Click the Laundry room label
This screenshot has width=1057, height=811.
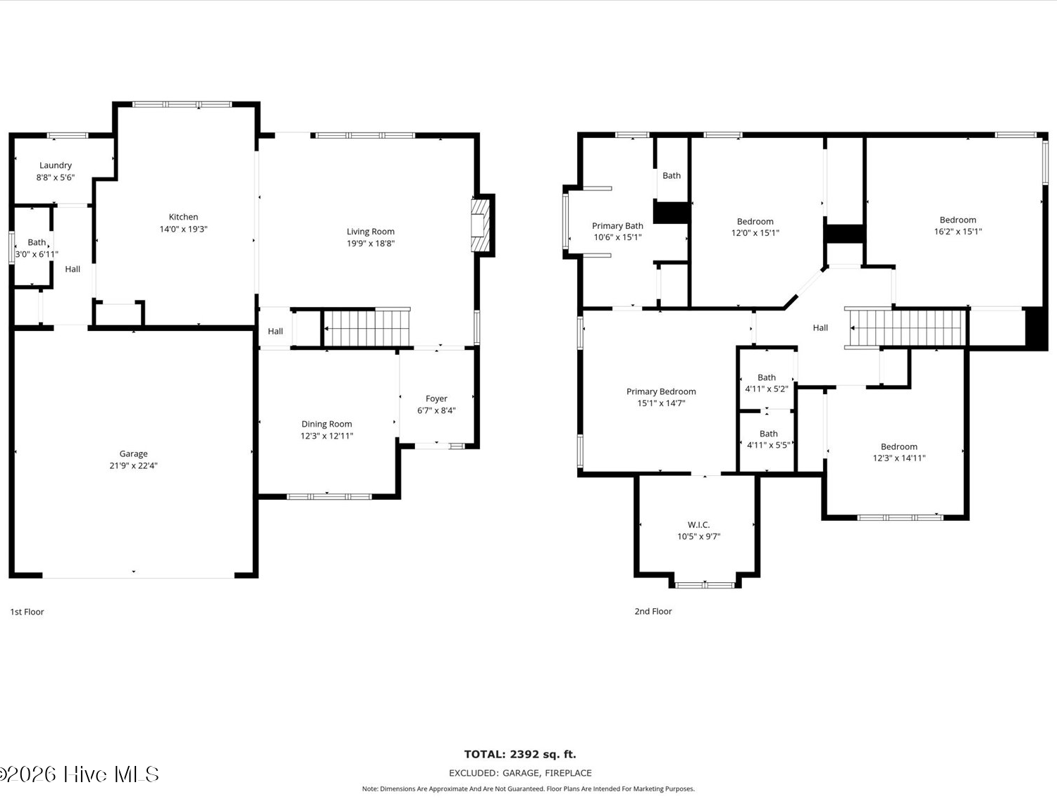[x=56, y=165]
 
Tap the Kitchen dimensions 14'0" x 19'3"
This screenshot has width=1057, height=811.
[x=183, y=229]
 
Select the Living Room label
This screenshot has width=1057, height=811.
[x=371, y=232]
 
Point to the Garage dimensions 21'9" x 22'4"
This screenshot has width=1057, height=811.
[x=133, y=465]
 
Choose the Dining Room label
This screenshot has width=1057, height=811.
[x=326, y=425]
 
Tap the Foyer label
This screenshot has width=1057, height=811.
[x=436, y=398]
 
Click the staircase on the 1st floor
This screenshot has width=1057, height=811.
[x=366, y=328]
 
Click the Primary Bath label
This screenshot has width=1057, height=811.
[x=617, y=225]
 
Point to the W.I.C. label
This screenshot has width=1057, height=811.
[x=698, y=524]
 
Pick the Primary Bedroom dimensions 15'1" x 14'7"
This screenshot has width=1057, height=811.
[x=661, y=403]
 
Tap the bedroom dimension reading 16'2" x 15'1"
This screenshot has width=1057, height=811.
[x=958, y=232]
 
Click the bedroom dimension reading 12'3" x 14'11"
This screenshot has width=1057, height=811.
[x=899, y=458]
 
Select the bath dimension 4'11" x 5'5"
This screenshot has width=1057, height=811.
[x=769, y=445]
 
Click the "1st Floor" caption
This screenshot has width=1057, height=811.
[x=27, y=612]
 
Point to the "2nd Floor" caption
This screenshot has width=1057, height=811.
[x=653, y=611]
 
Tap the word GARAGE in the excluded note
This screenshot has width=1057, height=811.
[x=521, y=773]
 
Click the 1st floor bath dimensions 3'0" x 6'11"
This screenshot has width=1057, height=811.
[x=37, y=254]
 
